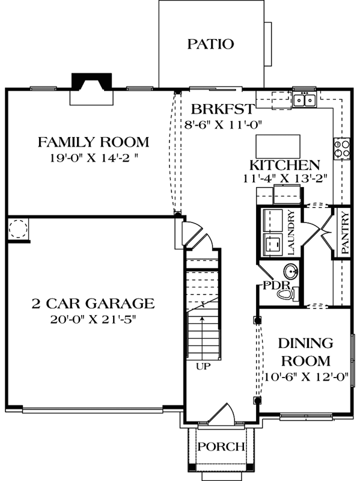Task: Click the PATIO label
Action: click(210, 44)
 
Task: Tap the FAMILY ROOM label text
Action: click(93, 142)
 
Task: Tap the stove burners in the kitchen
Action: click(342, 148)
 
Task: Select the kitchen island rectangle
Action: click(279, 146)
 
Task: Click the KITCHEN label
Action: click(284, 165)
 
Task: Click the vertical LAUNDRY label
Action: click(291, 231)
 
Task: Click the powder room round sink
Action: click(290, 269)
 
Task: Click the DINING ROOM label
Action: click(305, 352)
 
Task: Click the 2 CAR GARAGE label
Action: click(93, 303)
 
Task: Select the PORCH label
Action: click(222, 447)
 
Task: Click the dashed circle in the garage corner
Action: click(18, 229)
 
